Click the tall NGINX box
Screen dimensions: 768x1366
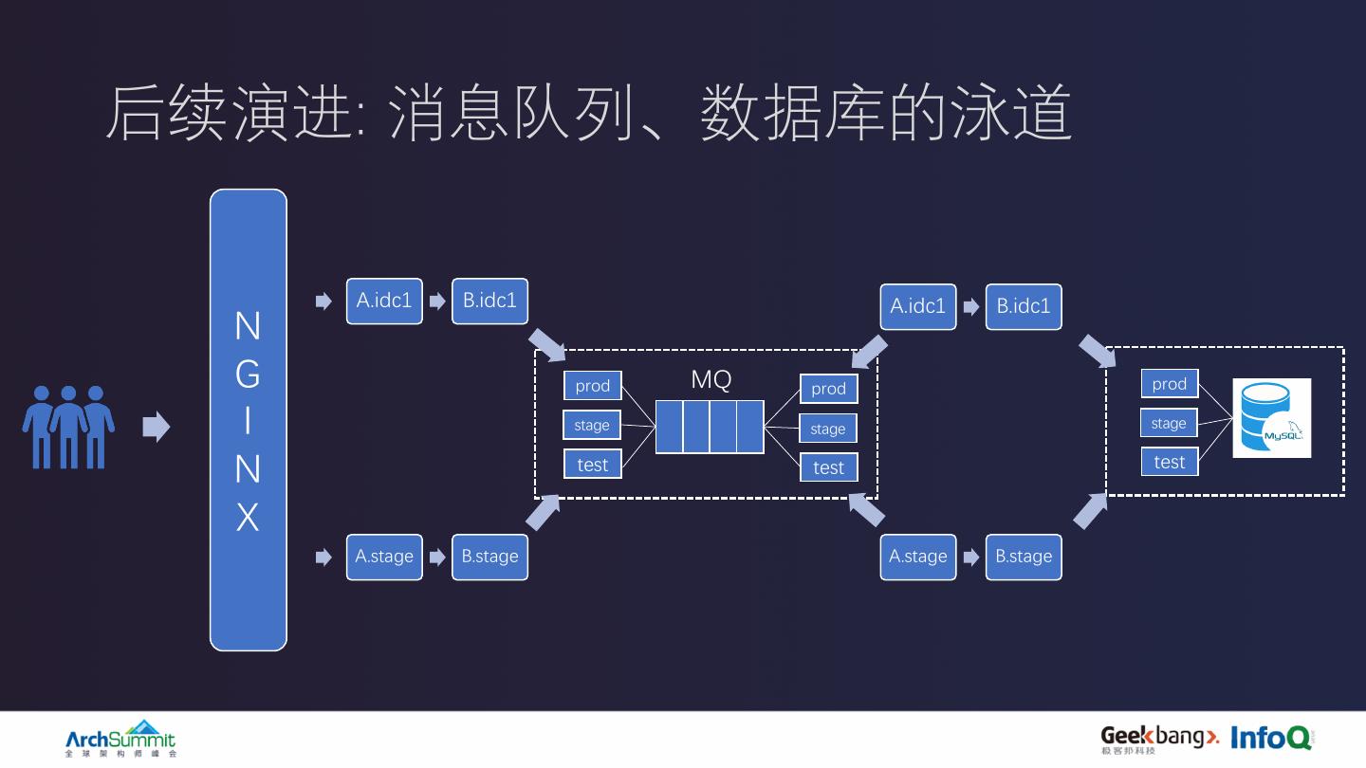point(248,420)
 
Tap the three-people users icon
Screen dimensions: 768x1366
point(68,426)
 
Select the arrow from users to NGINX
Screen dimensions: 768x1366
point(156,427)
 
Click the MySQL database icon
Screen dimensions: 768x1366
point(1271,418)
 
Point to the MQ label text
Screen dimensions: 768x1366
point(711,380)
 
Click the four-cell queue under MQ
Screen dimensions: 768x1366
point(710,427)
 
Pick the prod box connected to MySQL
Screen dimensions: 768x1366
point(1169,384)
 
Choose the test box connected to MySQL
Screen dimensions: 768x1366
point(1169,462)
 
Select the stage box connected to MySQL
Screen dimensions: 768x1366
point(1169,423)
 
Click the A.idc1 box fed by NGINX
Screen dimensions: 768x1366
point(384,302)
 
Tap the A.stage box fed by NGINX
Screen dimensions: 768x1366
point(384,557)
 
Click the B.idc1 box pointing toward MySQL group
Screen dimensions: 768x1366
point(1024,306)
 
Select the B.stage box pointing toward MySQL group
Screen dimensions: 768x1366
point(1024,557)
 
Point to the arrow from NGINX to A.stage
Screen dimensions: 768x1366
point(323,557)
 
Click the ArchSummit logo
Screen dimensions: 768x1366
point(120,739)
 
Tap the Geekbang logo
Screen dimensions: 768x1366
point(1159,738)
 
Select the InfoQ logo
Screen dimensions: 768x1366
point(1271,738)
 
